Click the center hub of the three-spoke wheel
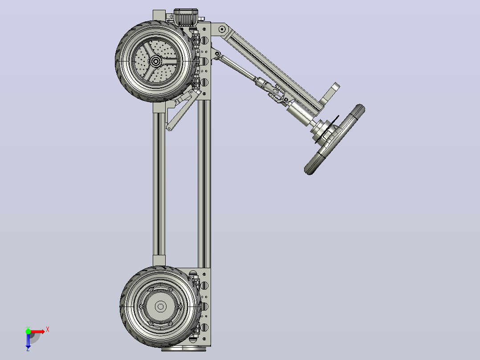156,61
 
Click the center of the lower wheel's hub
161,306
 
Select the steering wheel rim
334,139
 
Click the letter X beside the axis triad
48,330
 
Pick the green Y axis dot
28,331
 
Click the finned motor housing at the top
186,17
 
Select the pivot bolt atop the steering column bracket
222,29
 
